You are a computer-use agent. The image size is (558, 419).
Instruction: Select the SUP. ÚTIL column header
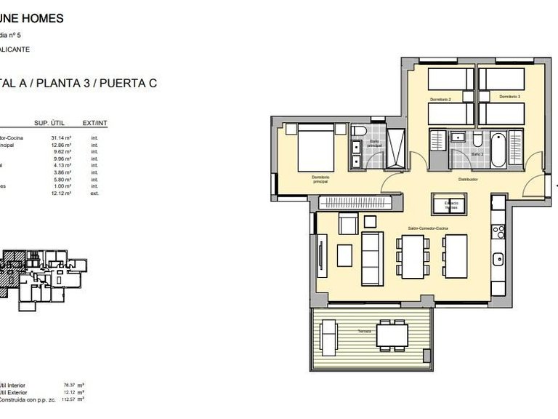point(51,124)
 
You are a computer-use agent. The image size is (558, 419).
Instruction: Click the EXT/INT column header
point(95,124)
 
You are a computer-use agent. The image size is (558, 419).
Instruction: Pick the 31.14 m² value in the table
point(60,137)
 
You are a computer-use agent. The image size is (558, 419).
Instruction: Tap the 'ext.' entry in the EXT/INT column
point(94,193)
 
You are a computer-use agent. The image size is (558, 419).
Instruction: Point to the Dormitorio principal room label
point(320,180)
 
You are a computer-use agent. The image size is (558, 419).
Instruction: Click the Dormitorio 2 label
point(440,98)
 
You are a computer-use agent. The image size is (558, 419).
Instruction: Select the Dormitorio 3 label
point(509,96)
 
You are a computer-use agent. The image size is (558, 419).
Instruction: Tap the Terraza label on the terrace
point(364,331)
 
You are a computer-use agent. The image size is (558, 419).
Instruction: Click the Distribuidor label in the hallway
point(466,178)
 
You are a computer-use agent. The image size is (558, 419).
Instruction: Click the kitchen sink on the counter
point(498,258)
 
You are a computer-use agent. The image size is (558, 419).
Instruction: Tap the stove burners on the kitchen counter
point(499,232)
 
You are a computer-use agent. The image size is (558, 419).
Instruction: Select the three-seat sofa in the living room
point(372,258)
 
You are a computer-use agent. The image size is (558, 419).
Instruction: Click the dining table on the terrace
point(392,335)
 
